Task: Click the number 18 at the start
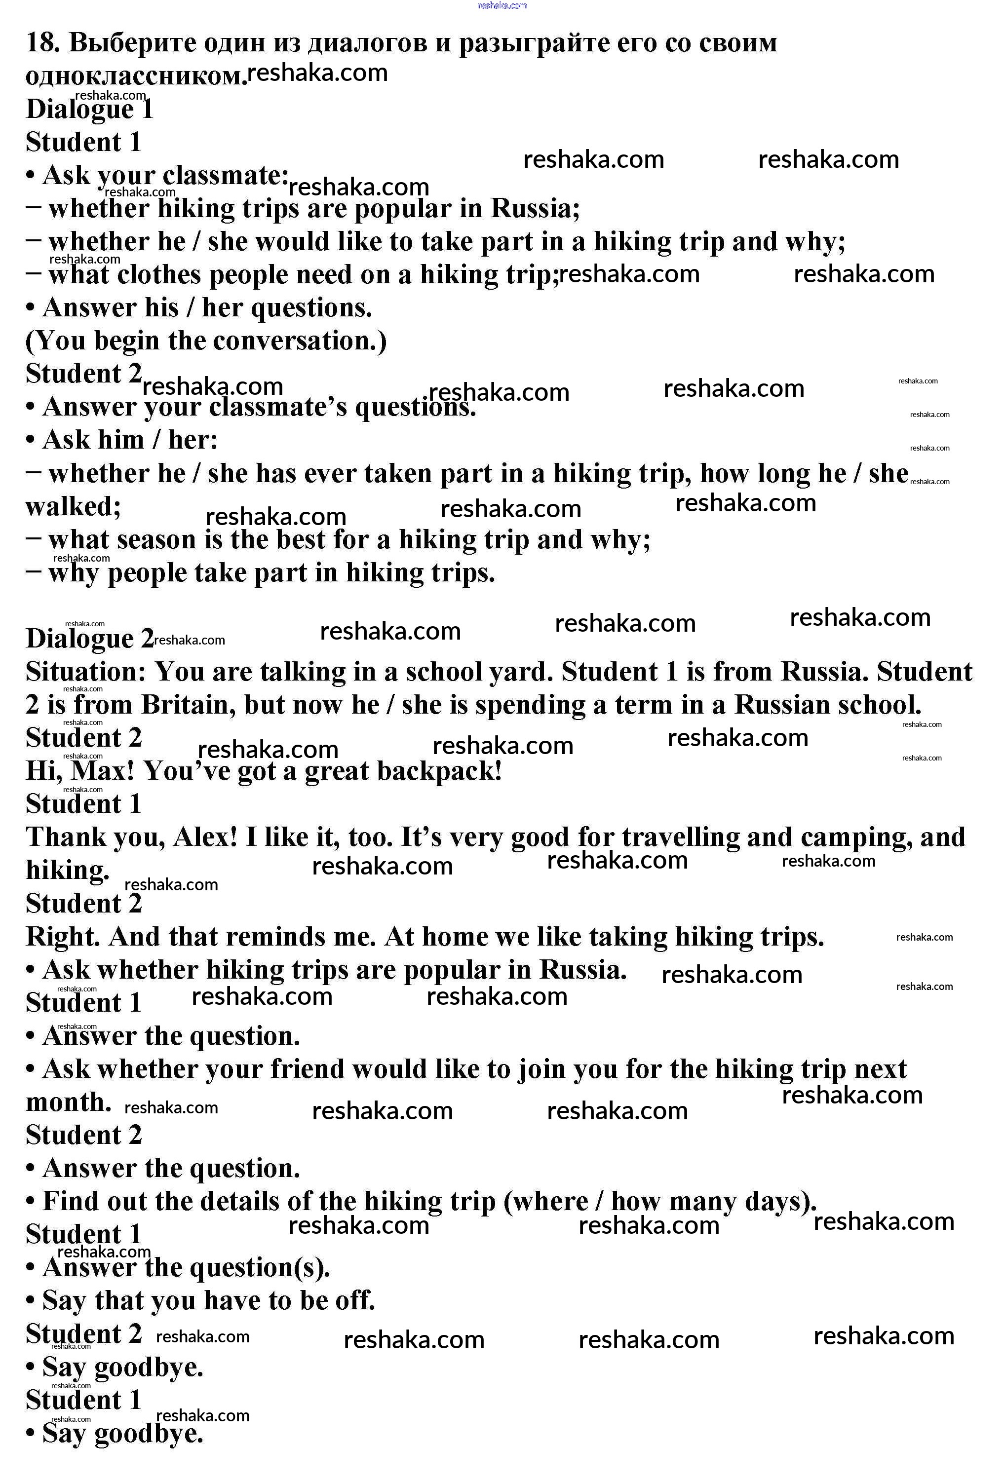[x=41, y=43]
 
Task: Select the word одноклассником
[x=135, y=76]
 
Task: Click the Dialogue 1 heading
[x=89, y=109]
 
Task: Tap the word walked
[x=73, y=507]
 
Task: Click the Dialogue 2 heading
[x=89, y=638]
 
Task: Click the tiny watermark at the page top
[x=502, y=5]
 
